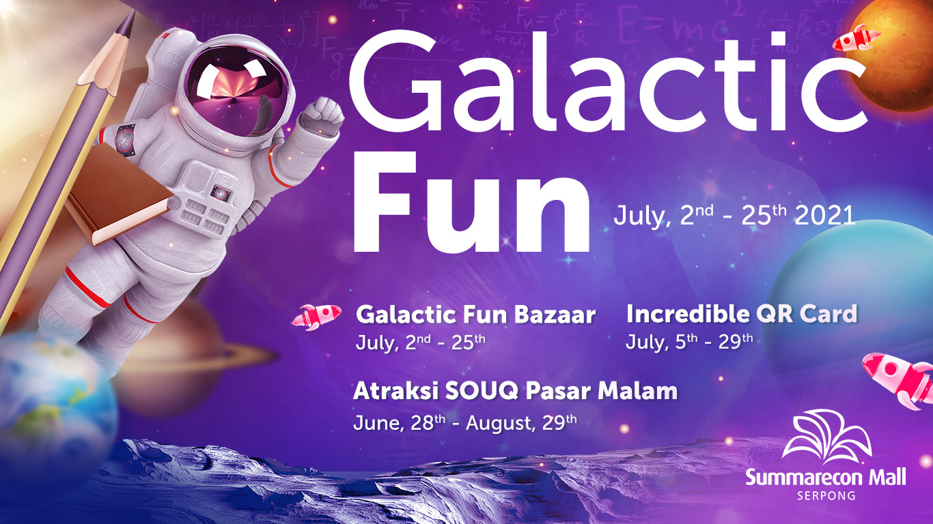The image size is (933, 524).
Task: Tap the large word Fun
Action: [x=471, y=201]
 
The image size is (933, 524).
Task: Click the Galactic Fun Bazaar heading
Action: [x=475, y=315]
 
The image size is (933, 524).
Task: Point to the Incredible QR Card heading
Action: [x=741, y=314]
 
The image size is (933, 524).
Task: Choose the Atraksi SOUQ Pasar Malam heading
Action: [x=515, y=391]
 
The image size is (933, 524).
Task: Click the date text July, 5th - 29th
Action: [x=688, y=340]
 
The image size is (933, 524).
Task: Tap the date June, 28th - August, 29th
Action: [x=464, y=422]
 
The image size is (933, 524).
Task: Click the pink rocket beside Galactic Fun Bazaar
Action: [x=317, y=315]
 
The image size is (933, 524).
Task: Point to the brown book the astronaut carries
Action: [x=120, y=194]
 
